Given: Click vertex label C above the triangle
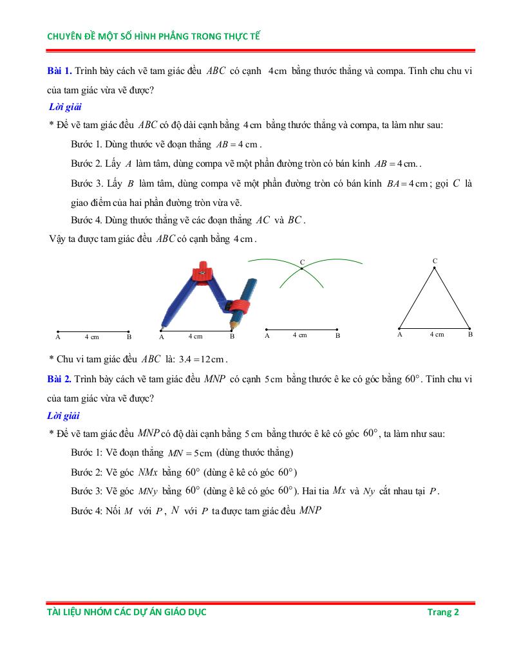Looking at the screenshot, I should point(435,261).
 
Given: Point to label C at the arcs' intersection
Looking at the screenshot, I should point(302,262).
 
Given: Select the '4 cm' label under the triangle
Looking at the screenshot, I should point(437,335).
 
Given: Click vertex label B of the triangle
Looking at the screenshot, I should point(470,335).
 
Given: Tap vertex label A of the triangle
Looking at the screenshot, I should point(400,335).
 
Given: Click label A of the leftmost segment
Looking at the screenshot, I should point(58,337).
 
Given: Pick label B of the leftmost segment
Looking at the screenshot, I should point(129,337).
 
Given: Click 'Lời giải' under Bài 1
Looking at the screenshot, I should point(65,107).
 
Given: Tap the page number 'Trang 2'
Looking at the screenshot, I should point(443,612).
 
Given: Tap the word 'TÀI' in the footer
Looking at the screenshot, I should point(55,612).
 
